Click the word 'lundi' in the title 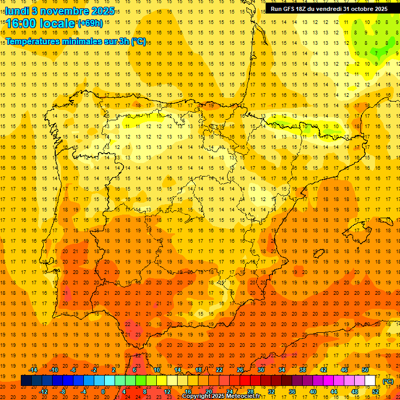coord(16,10)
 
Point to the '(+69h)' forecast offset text coord(91,23)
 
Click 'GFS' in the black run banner coord(290,9)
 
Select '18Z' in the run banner coord(304,9)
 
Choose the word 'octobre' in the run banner coord(362,9)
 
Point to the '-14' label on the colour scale coord(33,370)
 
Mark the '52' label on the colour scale coord(376,392)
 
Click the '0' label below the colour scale coord(103,392)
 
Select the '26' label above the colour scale coord(240,370)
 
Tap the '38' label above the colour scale coord(303,370)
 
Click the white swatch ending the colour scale coord(370,381)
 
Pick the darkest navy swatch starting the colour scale coord(26,381)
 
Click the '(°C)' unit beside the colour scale coord(388,381)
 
